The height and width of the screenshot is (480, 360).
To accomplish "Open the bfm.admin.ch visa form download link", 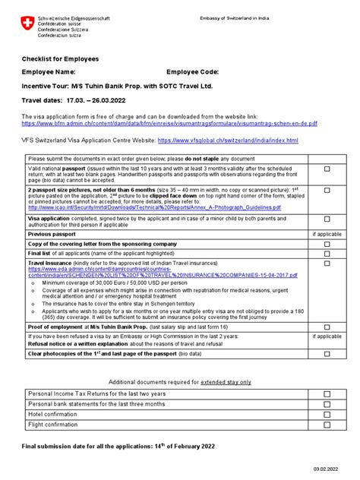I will [x=169, y=122].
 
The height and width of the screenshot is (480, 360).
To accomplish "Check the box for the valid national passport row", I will [x=327, y=170].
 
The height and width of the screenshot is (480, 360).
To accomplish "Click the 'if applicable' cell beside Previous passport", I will [x=327, y=234].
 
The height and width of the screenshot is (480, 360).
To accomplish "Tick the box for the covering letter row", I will [x=327, y=244].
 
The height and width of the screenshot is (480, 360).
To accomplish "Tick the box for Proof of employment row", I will [x=327, y=325].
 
